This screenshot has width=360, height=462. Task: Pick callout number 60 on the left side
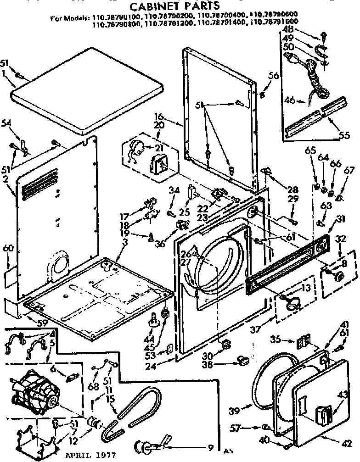(8, 248)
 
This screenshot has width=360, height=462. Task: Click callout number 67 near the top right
(349, 171)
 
